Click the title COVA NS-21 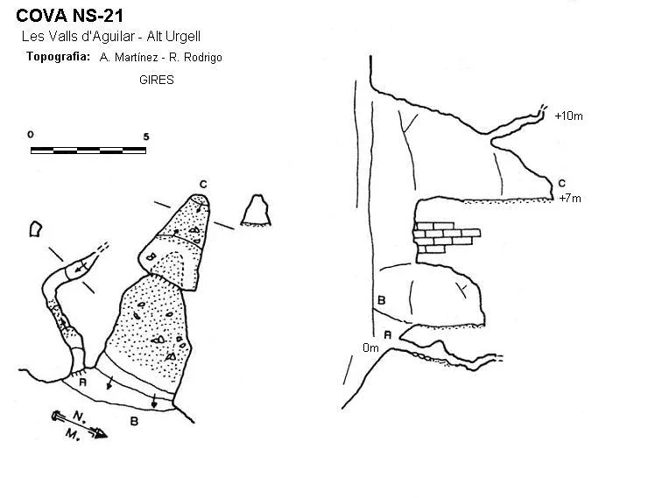click(70, 16)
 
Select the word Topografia click(59, 57)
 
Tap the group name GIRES click(157, 80)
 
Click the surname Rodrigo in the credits click(201, 58)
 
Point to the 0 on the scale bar click(31, 135)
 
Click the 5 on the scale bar click(146, 137)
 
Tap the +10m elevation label click(568, 116)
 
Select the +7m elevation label click(570, 198)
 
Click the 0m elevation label click(370, 347)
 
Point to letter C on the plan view click(203, 185)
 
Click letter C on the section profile click(561, 183)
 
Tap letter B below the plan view click(134, 421)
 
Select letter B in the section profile click(382, 300)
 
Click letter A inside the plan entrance click(83, 382)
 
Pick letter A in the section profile click(388, 335)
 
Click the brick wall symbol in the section click(446, 237)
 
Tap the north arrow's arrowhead click(101, 433)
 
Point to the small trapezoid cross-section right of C click(256, 210)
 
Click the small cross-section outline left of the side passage click(35, 229)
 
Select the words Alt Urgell click(173, 37)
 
